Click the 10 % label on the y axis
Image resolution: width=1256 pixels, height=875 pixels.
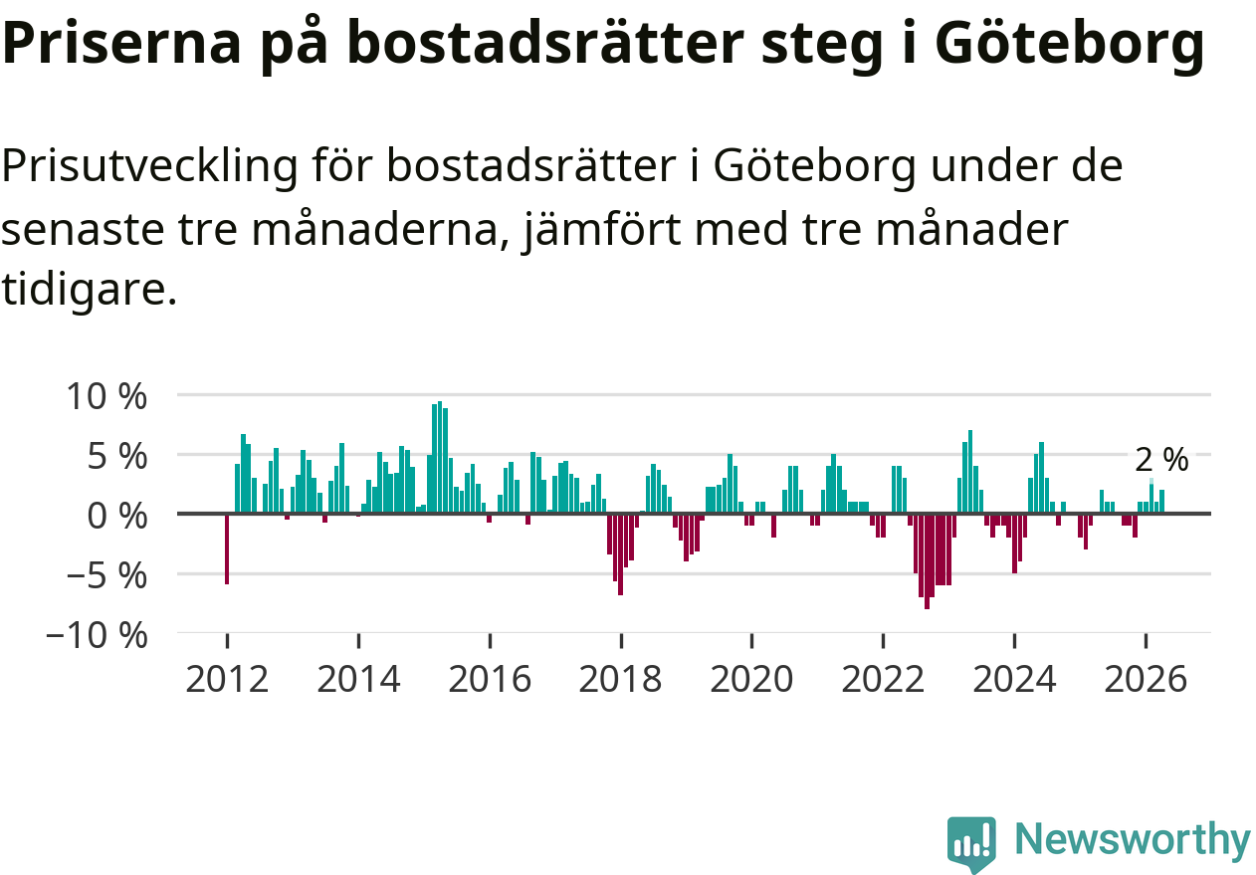coord(106,396)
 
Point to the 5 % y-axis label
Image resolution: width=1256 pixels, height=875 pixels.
coord(116,457)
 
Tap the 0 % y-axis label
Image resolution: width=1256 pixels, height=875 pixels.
coord(116,516)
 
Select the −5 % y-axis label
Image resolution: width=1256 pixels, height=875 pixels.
coord(106,576)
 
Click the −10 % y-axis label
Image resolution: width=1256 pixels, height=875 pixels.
coord(97,636)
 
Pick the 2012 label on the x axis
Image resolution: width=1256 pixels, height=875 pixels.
coord(227,679)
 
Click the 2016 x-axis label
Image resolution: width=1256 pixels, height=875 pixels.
coord(490,679)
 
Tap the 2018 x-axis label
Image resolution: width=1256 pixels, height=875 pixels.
coord(621,679)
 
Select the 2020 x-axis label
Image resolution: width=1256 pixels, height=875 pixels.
coord(752,679)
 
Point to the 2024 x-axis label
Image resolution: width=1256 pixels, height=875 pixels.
coord(1014,679)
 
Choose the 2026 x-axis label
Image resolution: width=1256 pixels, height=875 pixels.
coord(1146,679)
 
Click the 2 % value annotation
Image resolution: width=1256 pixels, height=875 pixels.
coord(1161,460)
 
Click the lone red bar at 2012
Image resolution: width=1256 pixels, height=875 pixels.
coord(227,549)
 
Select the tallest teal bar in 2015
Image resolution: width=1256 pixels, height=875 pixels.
coord(440,457)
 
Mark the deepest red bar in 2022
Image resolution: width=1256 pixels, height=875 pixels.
coord(927,561)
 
